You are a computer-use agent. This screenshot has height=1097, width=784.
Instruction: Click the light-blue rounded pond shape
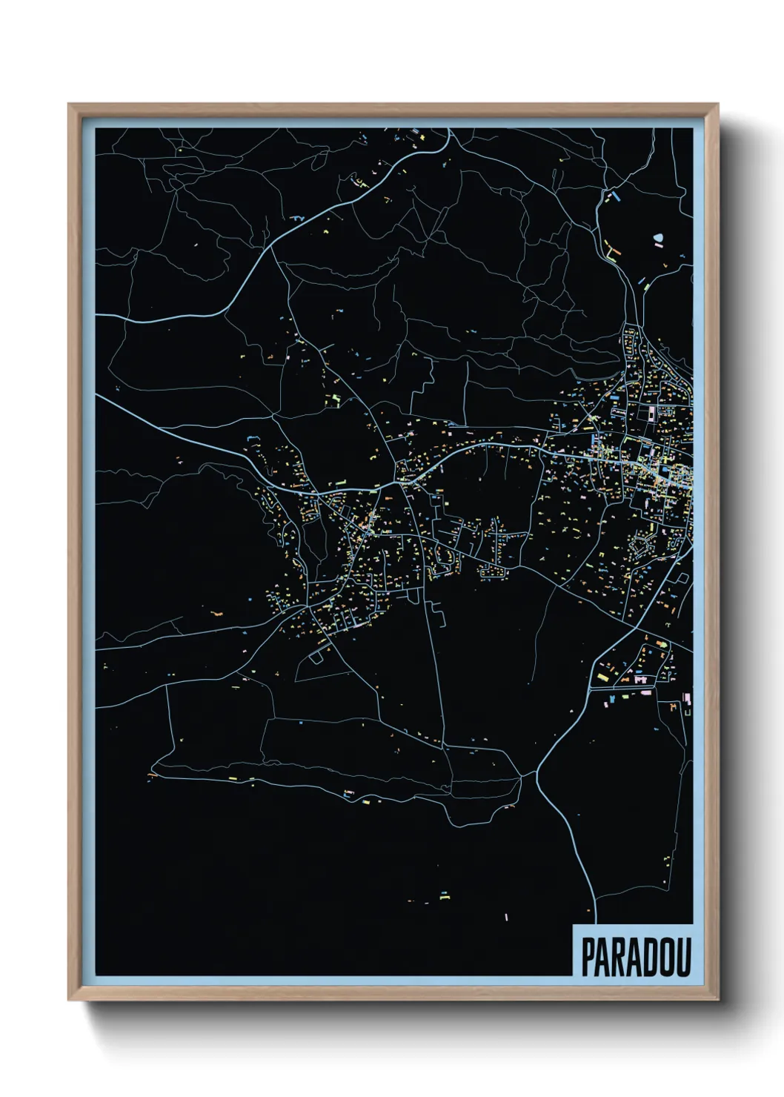tap(659, 239)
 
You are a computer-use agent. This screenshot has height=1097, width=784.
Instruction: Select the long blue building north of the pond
tap(614, 198)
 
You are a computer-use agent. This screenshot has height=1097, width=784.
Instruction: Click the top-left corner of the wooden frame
tap(69, 105)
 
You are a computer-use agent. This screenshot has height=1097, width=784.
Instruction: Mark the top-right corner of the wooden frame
tap(717, 105)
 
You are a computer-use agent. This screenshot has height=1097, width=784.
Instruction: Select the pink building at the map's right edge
tap(687, 698)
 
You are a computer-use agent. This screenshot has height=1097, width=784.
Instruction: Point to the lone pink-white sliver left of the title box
tap(506, 918)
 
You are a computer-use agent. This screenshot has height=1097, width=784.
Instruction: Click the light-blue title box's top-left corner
tap(573, 925)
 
